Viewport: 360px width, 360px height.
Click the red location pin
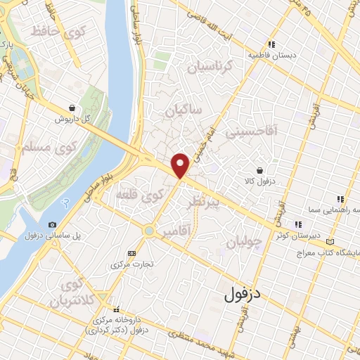(181, 165)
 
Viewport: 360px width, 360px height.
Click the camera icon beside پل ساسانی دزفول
(52, 225)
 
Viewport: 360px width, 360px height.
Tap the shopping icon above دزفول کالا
(260, 170)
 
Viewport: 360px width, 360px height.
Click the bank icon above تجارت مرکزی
(131, 253)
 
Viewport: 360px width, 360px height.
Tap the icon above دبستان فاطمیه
(271, 45)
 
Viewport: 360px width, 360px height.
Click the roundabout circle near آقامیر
(148, 230)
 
